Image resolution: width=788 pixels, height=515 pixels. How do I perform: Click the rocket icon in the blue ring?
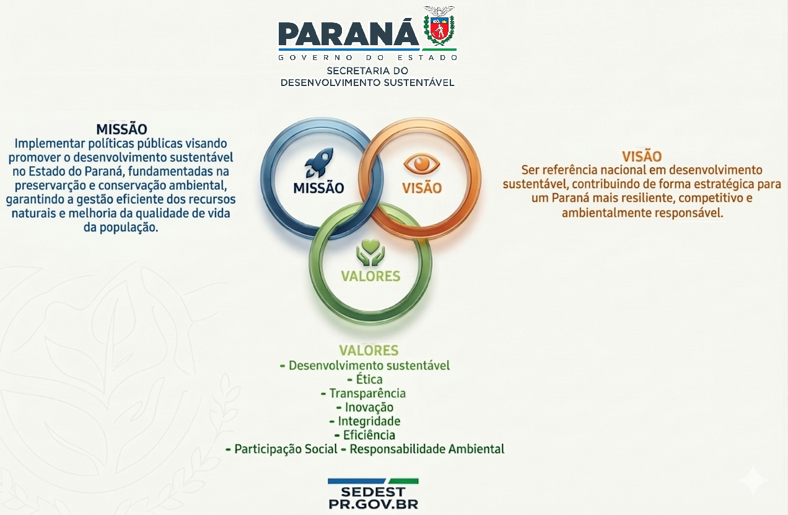[320, 163]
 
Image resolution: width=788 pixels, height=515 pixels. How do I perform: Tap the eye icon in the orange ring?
[421, 164]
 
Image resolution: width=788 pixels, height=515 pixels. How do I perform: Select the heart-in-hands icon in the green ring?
[370, 253]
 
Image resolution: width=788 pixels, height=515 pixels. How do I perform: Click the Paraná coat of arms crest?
[439, 25]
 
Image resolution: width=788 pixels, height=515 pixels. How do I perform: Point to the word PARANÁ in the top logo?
[348, 33]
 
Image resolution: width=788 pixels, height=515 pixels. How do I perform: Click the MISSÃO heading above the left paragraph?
[121, 129]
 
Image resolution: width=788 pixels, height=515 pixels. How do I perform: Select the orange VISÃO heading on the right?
[642, 156]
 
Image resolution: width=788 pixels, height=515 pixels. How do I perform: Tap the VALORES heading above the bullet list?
[369, 351]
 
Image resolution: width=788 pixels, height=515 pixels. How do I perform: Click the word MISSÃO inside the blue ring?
[318, 188]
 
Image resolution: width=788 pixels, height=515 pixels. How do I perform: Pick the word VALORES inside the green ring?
[370, 276]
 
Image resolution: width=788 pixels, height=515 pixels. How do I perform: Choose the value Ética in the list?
[369, 379]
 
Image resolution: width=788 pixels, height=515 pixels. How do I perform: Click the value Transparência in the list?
[367, 394]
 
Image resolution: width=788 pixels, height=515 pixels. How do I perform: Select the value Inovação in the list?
[369, 407]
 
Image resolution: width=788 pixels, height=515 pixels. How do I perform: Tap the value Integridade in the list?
[369, 422]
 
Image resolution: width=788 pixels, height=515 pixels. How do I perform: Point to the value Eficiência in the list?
[369, 435]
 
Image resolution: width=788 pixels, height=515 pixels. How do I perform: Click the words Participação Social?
[286, 449]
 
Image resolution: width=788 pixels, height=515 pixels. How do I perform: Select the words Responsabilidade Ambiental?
[427, 449]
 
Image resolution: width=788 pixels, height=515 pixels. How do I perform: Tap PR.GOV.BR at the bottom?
[373, 504]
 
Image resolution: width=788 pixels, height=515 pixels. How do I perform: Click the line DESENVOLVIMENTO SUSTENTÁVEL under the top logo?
[367, 82]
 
